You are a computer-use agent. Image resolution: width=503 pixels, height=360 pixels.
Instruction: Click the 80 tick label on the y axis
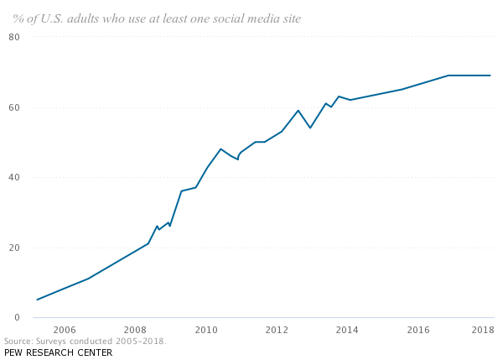click(14, 37)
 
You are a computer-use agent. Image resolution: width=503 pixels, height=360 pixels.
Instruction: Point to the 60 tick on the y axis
click(14, 107)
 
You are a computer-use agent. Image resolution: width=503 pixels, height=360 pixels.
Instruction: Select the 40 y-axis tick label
click(14, 177)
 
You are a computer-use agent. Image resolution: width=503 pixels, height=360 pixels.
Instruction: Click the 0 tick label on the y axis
click(17, 317)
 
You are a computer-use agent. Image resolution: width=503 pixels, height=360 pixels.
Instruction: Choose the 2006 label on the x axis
click(65, 329)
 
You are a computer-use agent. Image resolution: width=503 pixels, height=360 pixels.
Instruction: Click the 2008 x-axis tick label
click(135, 329)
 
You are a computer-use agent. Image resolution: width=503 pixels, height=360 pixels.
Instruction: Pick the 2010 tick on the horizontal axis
click(206, 329)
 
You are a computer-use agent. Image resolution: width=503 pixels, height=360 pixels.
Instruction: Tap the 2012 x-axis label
click(277, 329)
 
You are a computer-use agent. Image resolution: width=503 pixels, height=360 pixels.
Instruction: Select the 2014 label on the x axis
click(347, 329)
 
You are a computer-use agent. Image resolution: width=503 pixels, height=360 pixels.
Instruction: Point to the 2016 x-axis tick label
click(418, 329)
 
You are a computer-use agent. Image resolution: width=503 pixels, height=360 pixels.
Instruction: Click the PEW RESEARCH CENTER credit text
click(58, 352)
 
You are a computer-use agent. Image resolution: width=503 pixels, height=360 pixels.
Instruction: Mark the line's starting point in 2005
click(37, 300)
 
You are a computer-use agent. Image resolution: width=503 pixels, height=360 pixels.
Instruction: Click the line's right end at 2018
click(490, 76)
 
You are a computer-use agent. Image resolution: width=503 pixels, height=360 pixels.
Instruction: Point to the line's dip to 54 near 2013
click(310, 128)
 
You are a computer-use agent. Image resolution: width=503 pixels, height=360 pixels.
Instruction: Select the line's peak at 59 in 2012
click(298, 110)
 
